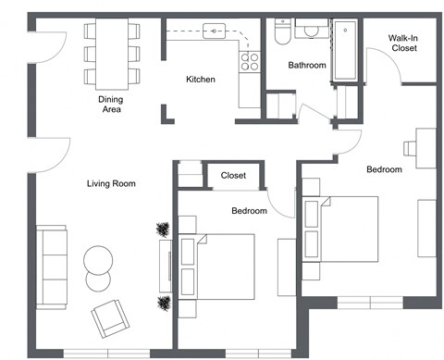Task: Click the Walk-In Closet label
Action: pos(404,43)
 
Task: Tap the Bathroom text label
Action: pos(306,66)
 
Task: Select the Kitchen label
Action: pos(201,80)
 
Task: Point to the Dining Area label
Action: pos(111,104)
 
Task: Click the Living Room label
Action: pos(111,184)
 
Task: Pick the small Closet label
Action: pos(233,175)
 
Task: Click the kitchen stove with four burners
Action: pos(250,61)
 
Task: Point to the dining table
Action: pos(111,51)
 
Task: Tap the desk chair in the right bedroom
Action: pos(409,146)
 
